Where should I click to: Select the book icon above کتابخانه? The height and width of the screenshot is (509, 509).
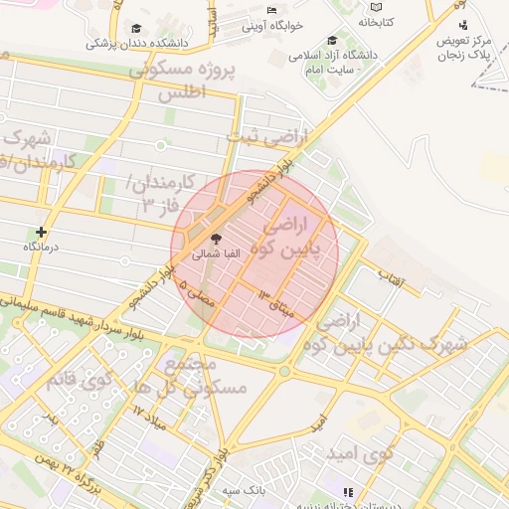click(x=375, y=8)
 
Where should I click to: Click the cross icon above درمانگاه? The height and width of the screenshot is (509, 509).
click(x=41, y=232)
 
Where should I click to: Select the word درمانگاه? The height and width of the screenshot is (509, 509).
click(x=41, y=246)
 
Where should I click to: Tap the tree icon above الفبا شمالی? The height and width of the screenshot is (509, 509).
click(x=216, y=239)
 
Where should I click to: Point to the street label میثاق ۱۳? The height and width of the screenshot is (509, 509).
click(x=277, y=299)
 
